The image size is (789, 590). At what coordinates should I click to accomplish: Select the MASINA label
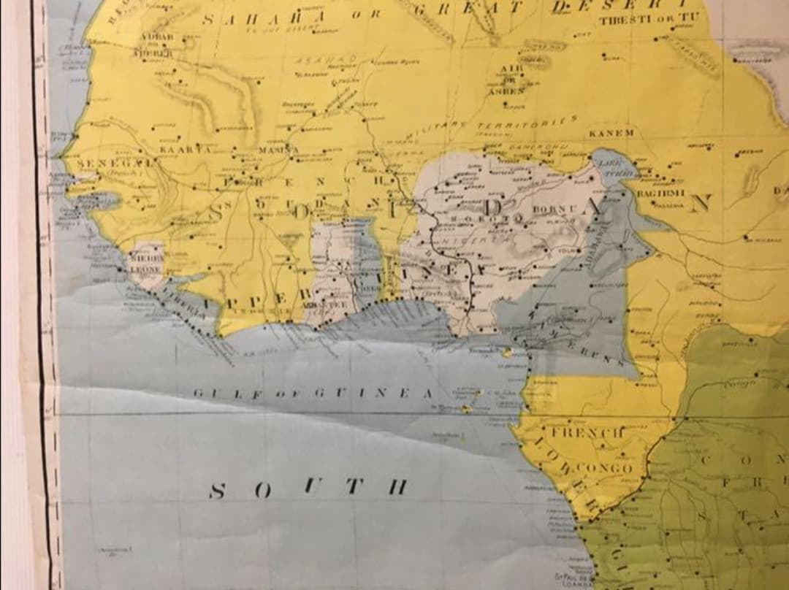(x=278, y=150)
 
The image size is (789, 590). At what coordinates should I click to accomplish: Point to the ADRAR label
(x=156, y=37)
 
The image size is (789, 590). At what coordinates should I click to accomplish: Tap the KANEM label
(x=611, y=134)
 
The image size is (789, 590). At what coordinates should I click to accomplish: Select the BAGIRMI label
(x=660, y=193)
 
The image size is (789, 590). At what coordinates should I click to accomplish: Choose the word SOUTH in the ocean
(x=307, y=488)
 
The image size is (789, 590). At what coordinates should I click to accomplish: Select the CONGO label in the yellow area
(x=603, y=468)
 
